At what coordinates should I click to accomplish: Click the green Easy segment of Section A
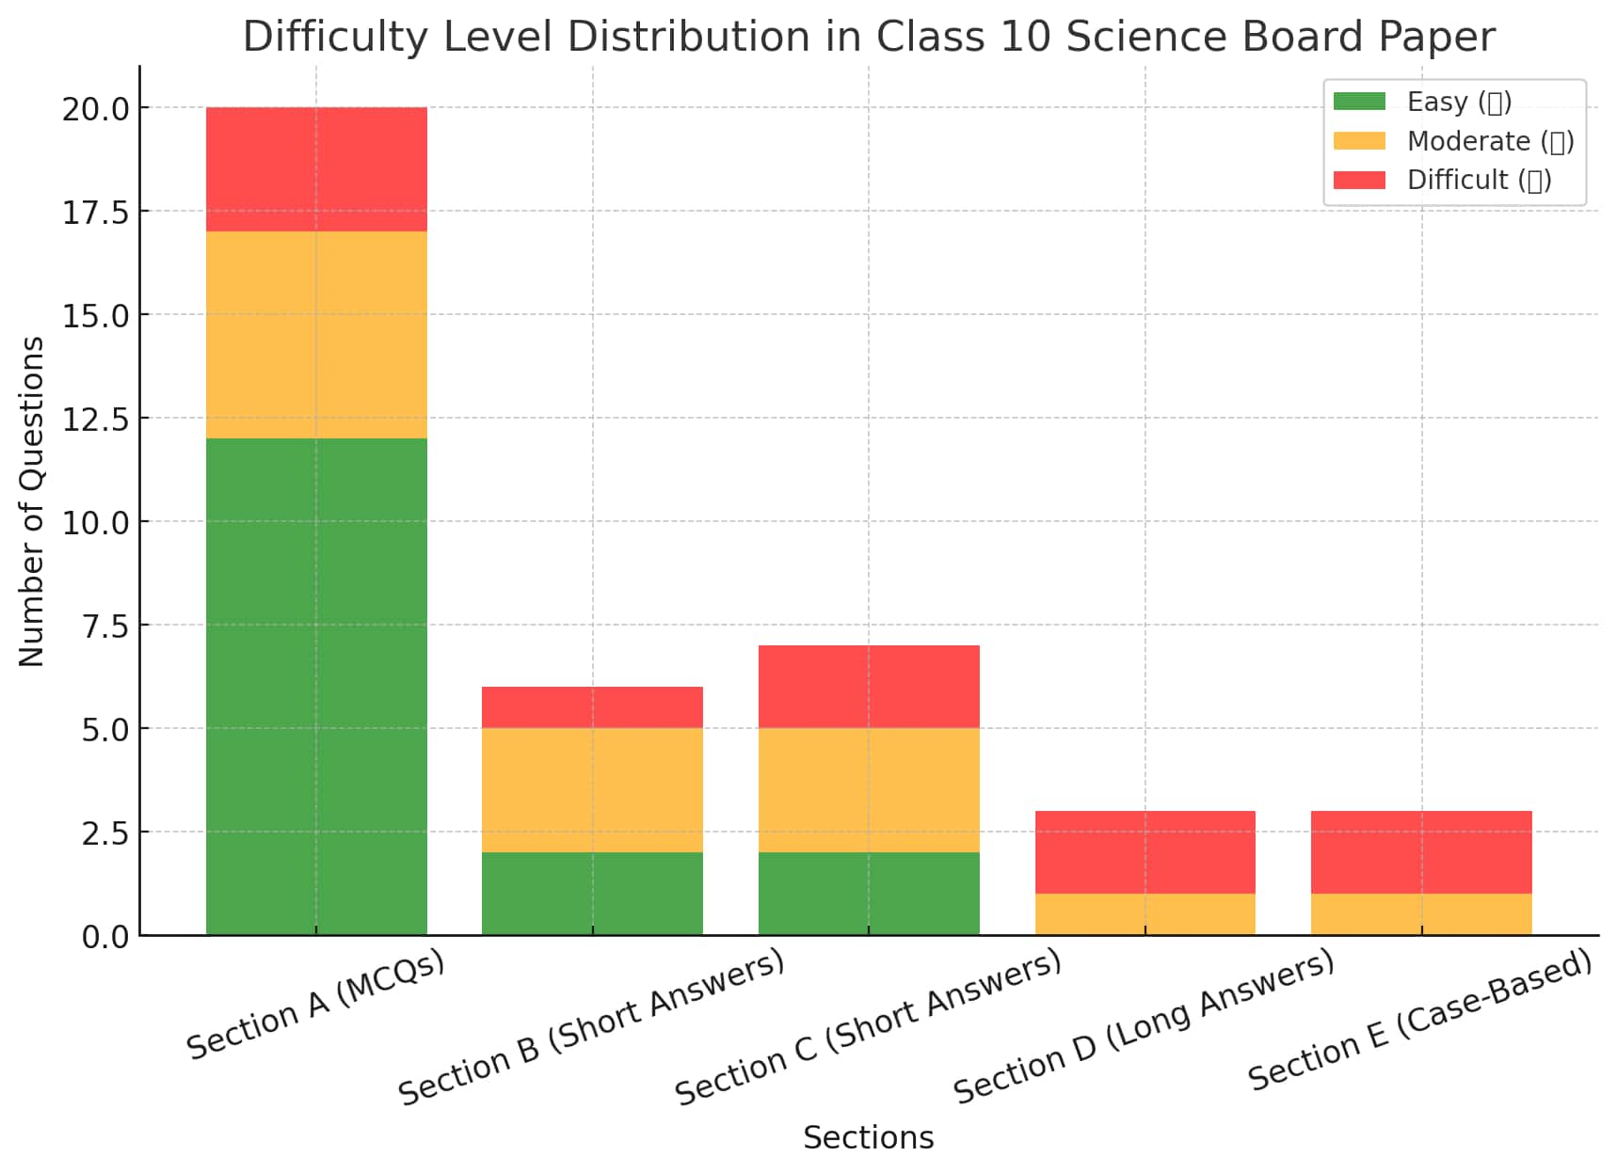(x=316, y=687)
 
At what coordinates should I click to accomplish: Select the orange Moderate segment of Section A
(x=316, y=335)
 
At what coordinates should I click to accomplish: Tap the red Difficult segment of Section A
(x=316, y=169)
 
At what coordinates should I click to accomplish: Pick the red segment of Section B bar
(x=592, y=707)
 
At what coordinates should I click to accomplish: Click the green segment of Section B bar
(x=592, y=894)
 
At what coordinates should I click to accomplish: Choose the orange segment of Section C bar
(x=869, y=790)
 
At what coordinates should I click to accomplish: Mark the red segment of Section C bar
(x=869, y=687)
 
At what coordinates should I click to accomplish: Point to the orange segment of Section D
(x=1145, y=914)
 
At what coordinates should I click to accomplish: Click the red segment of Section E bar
(x=1421, y=852)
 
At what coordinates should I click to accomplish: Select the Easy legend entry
(x=1458, y=102)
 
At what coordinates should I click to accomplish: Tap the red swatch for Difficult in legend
(x=1359, y=180)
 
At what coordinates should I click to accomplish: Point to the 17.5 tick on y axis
(x=96, y=213)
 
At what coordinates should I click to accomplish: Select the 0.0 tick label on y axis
(x=105, y=937)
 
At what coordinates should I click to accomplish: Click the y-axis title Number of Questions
(x=32, y=501)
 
